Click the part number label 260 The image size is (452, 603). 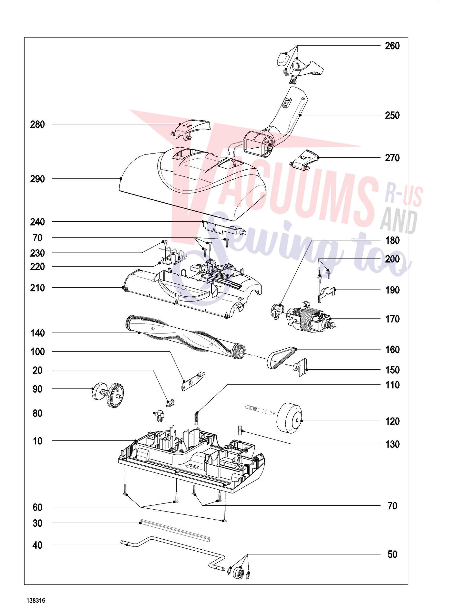point(392,46)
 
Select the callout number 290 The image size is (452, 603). point(37,179)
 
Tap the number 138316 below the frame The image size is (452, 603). point(36,591)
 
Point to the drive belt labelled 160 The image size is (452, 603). point(281,358)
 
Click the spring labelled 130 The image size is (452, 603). point(240,430)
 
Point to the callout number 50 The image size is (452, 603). point(392,555)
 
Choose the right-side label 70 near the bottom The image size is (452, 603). point(392,506)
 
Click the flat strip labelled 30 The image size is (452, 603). point(175,531)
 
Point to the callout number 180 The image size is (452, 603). point(392,240)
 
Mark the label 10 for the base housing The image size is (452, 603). point(37,441)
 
